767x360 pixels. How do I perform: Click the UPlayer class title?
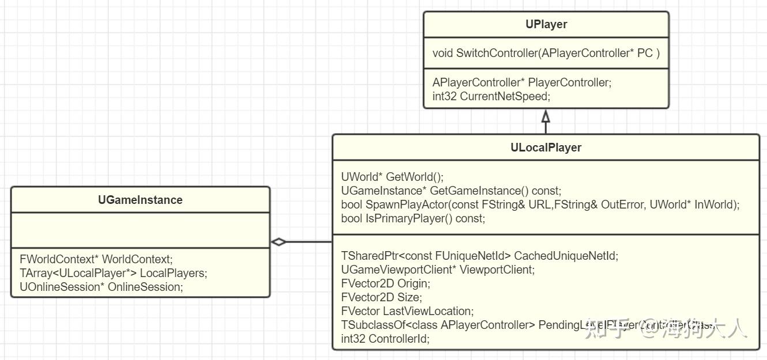[546, 24]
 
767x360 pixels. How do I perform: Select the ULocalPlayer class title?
[546, 147]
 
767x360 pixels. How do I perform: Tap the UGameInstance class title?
[140, 200]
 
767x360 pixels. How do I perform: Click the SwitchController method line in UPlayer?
[546, 53]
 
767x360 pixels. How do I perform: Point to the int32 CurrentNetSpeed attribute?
[491, 96]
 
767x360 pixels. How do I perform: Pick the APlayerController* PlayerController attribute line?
[522, 82]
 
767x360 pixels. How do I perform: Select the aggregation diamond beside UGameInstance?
[279, 242]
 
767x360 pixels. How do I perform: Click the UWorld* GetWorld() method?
[392, 177]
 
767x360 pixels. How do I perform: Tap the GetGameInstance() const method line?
[451, 191]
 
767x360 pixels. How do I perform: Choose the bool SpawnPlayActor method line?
[540, 204]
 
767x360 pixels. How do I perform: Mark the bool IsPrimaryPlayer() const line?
[413, 218]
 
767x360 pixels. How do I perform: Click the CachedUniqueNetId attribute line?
[479, 256]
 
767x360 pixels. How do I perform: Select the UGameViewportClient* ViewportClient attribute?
[437, 270]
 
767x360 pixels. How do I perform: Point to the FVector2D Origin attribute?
[385, 283]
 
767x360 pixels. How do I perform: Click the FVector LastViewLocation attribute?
[407, 311]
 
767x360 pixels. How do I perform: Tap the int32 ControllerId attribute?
[385, 339]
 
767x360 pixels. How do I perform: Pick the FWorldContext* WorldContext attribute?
[96, 259]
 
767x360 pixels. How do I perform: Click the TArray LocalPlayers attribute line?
[113, 273]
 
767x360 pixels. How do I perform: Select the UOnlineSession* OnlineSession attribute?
[101, 287]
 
